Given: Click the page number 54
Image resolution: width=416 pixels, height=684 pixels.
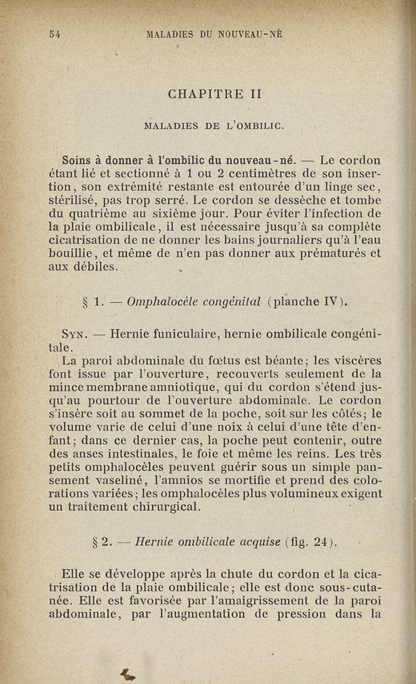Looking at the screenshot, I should [55, 34].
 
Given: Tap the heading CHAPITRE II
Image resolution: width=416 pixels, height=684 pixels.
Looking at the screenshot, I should [215, 95].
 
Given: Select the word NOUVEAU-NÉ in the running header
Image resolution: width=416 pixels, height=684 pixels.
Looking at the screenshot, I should [250, 34].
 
